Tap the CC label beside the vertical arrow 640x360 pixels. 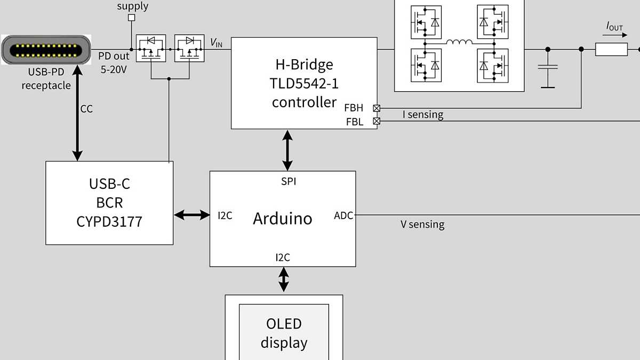tap(86, 109)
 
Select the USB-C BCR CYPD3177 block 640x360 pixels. tap(109, 203)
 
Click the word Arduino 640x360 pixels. tap(282, 218)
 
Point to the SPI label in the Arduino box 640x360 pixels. tap(289, 182)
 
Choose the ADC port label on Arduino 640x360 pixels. tap(343, 215)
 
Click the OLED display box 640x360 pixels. tap(284, 333)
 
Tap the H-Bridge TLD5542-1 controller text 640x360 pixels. tap(303, 83)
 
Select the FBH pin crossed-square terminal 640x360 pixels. tap(377, 108)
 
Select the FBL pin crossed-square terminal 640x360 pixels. tap(377, 121)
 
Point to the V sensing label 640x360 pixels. tap(422, 225)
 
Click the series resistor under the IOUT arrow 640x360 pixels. tap(611, 50)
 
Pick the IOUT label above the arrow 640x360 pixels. tap(614, 26)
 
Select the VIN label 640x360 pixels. tap(216, 43)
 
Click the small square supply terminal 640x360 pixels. tap(131, 18)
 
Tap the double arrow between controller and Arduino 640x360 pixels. tap(288, 150)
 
